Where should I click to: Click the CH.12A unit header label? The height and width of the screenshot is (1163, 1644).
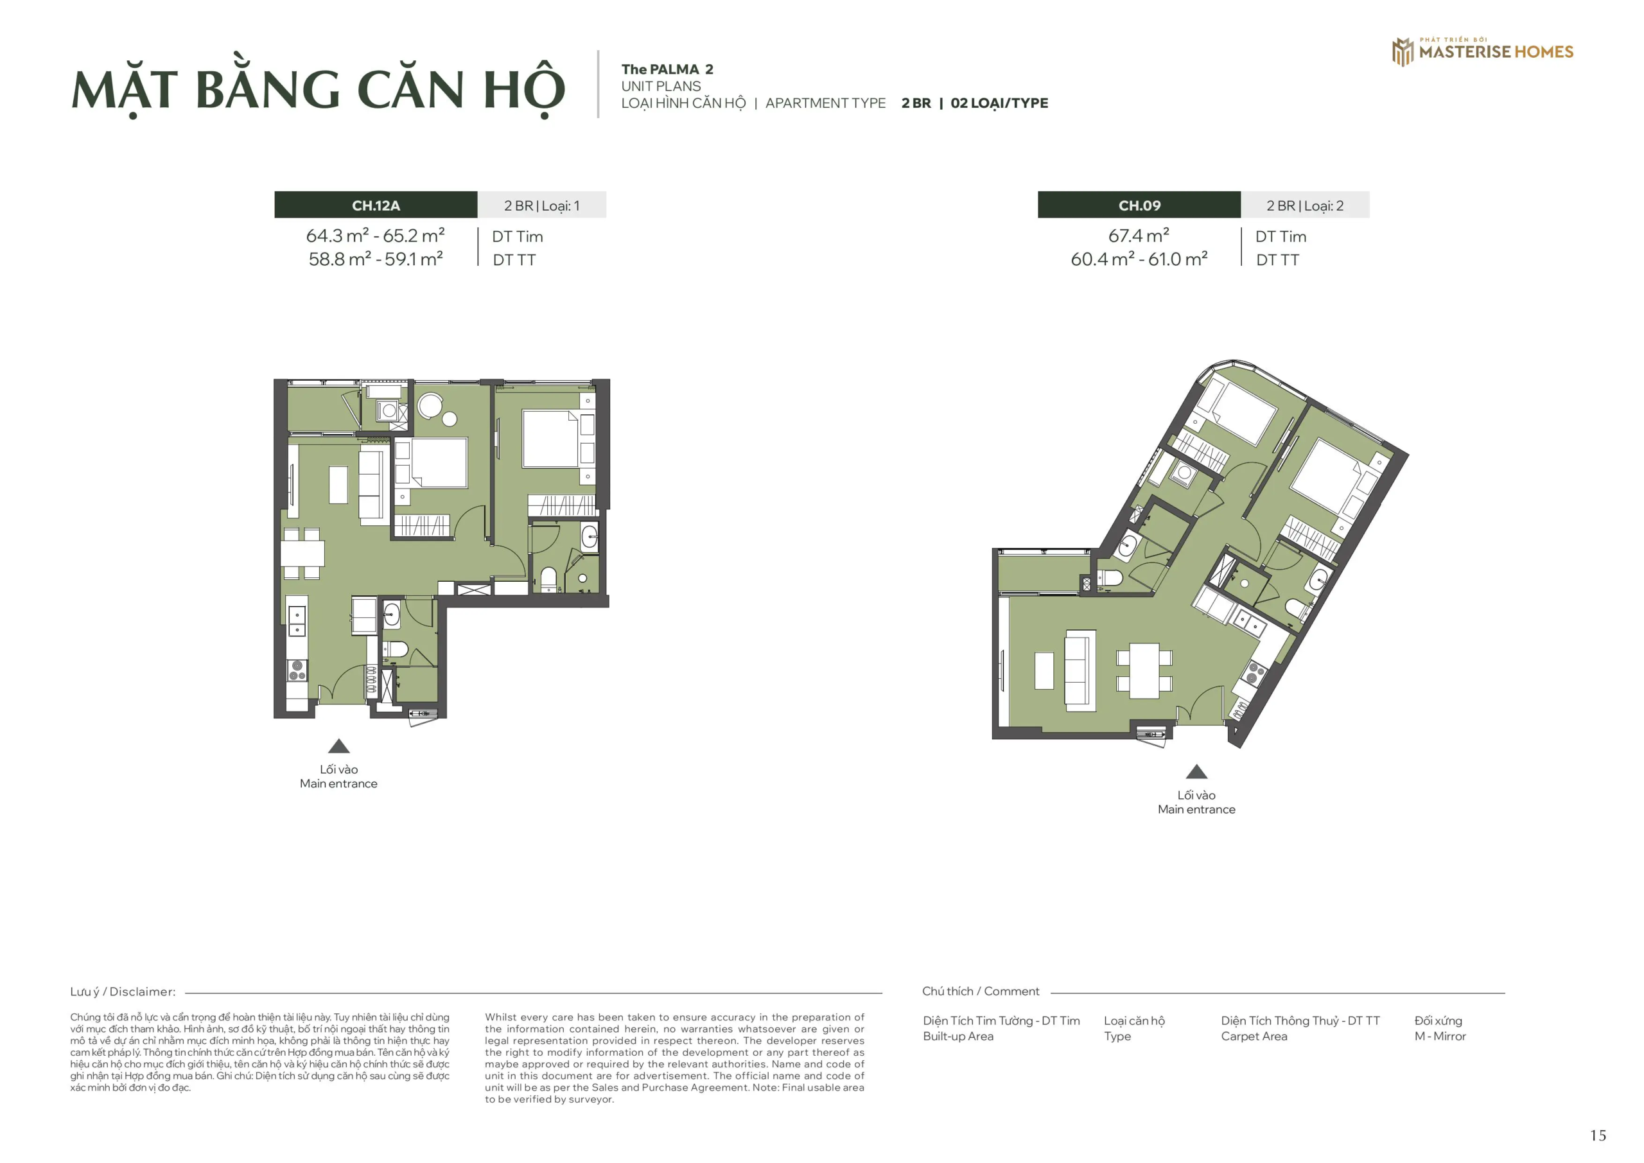coord(375,205)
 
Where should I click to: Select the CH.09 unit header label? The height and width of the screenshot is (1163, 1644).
coord(1139,205)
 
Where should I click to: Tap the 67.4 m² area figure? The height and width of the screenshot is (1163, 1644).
coord(1139,236)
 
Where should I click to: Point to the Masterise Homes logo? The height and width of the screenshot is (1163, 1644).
coord(1482,51)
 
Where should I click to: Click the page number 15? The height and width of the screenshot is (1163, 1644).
coord(1598,1135)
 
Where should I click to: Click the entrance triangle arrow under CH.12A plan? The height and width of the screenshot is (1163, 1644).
coord(338,746)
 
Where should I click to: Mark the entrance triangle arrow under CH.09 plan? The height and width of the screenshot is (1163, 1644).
coord(1196,772)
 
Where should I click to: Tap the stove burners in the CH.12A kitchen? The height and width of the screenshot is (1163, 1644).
coord(297,670)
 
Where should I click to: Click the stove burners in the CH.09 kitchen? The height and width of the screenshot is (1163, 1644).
coord(1254,673)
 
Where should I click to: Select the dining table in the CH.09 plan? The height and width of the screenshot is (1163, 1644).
coord(1144,671)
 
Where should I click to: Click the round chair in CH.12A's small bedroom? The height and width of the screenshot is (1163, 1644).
coord(430,406)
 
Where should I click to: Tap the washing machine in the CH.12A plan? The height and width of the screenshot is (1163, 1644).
coord(389,411)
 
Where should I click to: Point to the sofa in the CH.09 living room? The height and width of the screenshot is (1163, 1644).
coord(1080,670)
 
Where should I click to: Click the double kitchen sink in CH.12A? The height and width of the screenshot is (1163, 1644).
coord(297,621)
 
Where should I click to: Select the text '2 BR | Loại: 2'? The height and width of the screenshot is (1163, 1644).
coord(1304,205)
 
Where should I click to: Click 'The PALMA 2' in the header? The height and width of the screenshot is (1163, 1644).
coord(667,69)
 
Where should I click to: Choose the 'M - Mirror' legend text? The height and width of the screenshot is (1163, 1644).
coord(1440,1036)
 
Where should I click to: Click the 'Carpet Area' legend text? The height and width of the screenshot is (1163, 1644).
coord(1254,1036)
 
